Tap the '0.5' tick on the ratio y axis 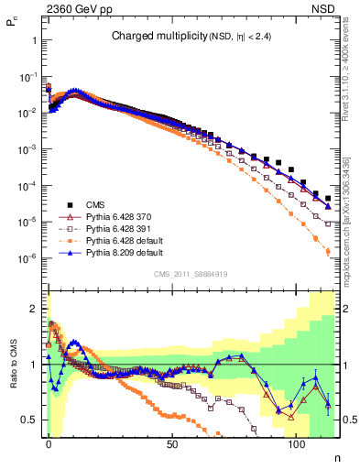coord(29,420)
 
